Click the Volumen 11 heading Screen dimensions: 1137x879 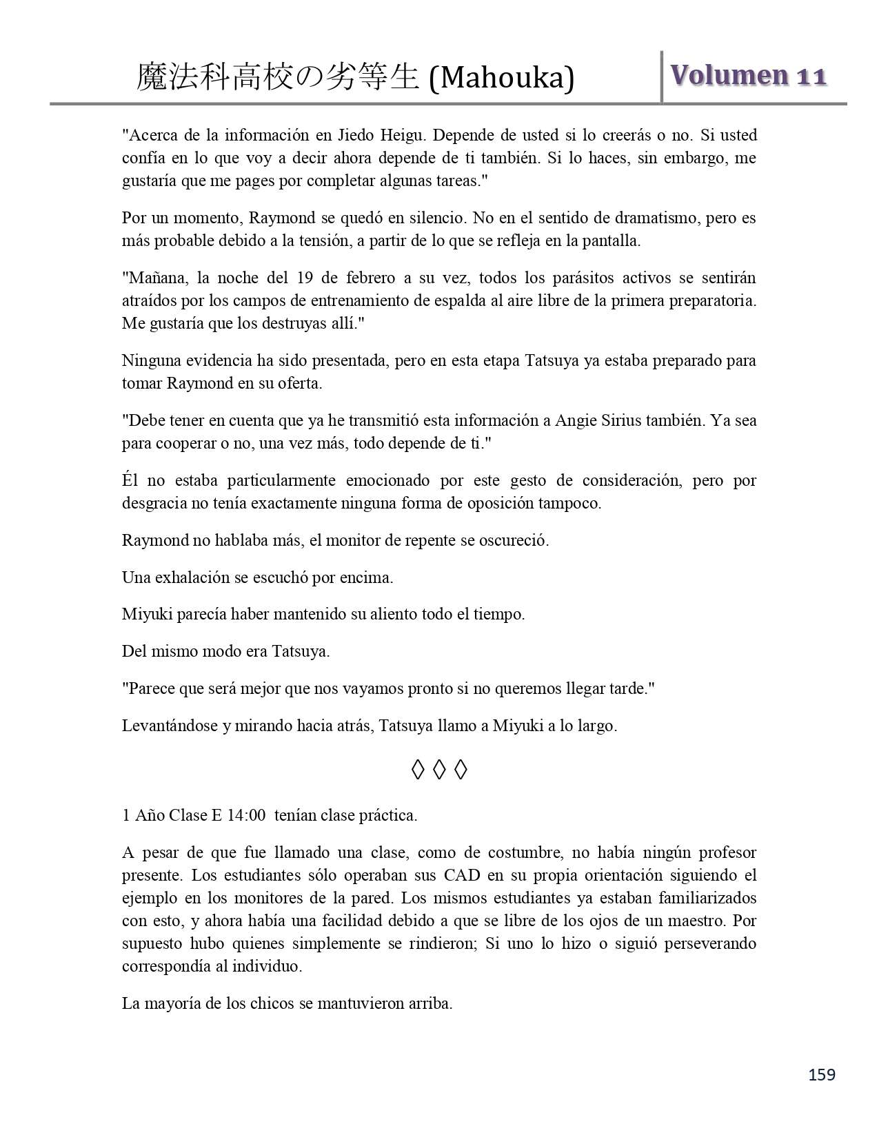pos(748,76)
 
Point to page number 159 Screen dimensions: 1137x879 pos(822,1074)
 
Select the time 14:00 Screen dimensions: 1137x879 pos(245,815)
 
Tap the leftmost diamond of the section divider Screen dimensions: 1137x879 pos(417,770)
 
